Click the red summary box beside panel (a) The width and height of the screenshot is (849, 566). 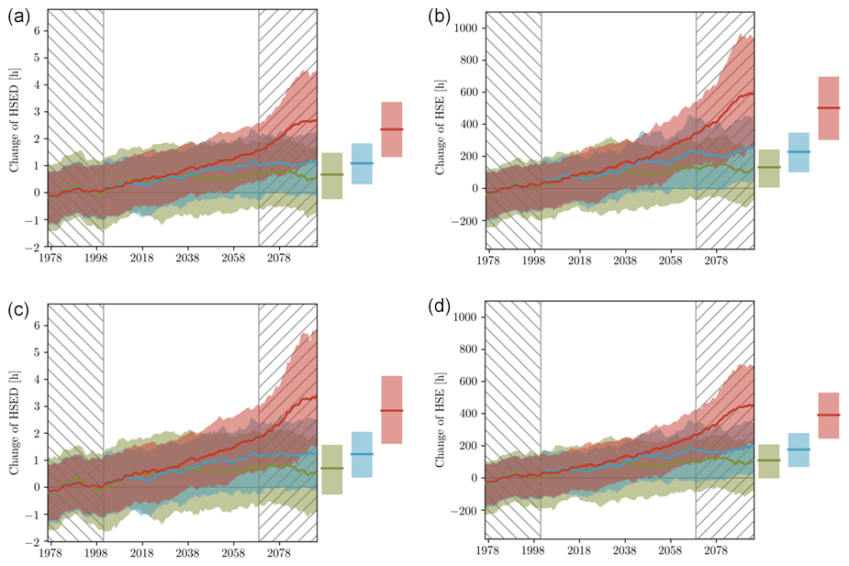click(391, 129)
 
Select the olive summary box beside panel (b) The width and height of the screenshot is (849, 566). click(769, 168)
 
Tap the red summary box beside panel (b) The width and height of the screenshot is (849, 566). click(828, 108)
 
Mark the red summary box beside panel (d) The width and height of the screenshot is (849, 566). click(828, 416)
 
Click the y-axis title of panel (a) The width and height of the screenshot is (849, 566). click(15, 129)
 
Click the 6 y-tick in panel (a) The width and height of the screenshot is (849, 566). click(38, 30)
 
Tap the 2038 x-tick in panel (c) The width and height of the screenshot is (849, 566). click(187, 554)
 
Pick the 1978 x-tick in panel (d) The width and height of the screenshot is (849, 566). click(488, 554)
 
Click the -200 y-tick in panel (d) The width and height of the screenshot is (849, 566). click(463, 509)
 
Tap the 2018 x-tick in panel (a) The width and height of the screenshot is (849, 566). click(141, 261)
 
